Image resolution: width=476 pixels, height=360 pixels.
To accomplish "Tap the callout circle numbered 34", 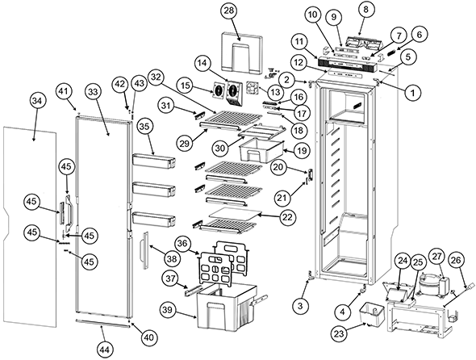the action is point(37,102).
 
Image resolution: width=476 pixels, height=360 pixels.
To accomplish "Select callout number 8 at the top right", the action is point(365,10).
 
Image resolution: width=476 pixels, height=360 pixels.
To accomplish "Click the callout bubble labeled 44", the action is point(104,350).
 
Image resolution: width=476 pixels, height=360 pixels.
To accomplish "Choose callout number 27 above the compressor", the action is point(436,257).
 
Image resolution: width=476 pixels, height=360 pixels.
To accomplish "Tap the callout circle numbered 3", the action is point(300,306).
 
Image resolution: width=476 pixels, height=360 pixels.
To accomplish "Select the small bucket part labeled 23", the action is point(372,313).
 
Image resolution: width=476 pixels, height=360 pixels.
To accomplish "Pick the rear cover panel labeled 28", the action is point(241,54).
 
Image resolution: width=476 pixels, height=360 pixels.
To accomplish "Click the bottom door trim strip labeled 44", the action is point(103,323).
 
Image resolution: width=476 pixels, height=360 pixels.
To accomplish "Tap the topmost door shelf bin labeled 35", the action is point(154,160).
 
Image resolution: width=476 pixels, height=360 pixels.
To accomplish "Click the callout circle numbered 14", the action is point(203,63).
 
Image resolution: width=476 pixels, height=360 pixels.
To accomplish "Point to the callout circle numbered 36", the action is point(184,244).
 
